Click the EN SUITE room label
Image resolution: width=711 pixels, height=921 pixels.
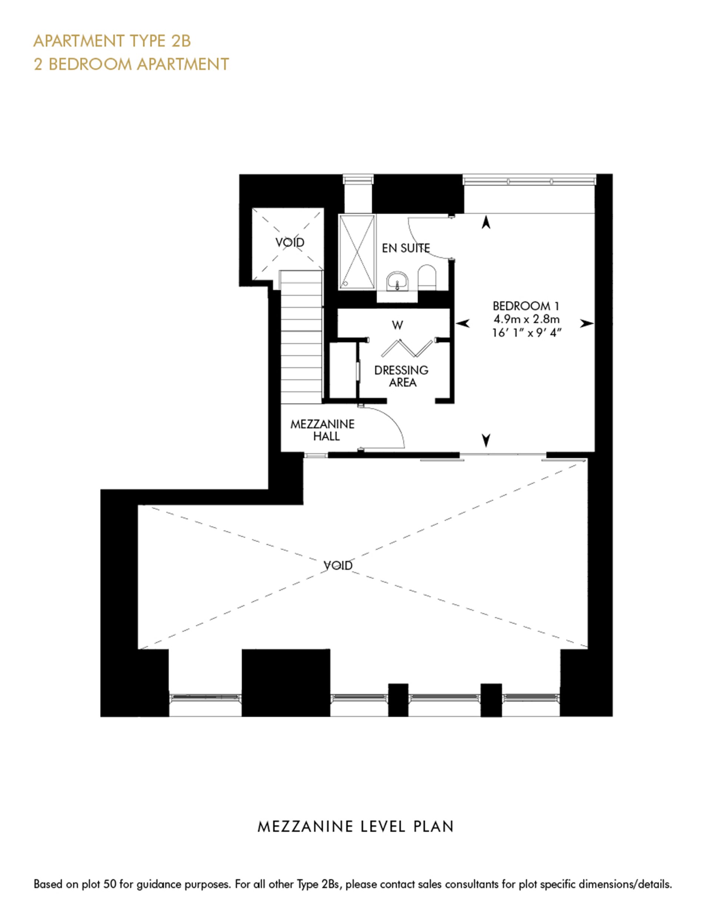pos(406,248)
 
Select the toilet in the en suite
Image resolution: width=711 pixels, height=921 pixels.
pos(427,277)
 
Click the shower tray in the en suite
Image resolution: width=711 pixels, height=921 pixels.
pos(357,252)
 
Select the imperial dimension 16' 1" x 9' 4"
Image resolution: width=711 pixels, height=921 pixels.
pos(527,333)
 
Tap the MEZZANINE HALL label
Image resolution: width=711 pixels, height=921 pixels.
pos(323,430)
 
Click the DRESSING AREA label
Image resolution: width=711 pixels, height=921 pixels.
pos(401,376)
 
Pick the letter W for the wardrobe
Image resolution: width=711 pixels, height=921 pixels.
pos(397,325)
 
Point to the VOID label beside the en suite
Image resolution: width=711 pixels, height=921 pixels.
pos(290,243)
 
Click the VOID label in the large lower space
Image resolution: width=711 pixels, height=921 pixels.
pos(338,565)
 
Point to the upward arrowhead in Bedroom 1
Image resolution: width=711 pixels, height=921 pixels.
pos(486,222)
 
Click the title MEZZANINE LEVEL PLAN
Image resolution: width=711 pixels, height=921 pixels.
pos(355,827)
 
